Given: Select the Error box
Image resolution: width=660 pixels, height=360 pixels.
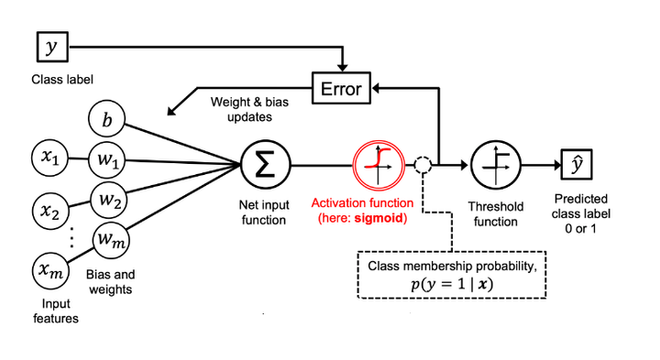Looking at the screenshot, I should click(x=340, y=89).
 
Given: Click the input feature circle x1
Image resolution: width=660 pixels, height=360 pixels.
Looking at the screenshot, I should click(x=49, y=161).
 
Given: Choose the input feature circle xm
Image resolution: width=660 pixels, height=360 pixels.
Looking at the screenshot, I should click(x=49, y=271).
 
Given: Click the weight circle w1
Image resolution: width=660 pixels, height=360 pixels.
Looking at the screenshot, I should click(x=106, y=161).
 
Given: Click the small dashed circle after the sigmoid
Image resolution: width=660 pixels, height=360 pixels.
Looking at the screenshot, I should click(x=422, y=166).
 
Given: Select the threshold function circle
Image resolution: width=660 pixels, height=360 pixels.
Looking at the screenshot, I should click(x=494, y=166).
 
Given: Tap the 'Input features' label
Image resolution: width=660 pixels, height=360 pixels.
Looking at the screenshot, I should click(x=52, y=311).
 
